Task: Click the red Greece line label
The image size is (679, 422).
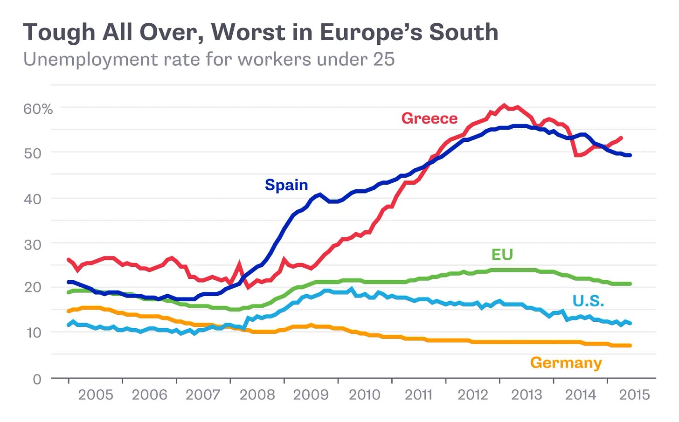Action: tap(429, 118)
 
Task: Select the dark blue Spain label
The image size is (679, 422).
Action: tap(286, 185)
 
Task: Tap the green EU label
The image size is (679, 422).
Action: tap(502, 255)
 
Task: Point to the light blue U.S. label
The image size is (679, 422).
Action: tap(588, 301)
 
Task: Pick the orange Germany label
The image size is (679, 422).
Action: tap(566, 363)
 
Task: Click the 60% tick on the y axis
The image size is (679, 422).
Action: tap(38, 109)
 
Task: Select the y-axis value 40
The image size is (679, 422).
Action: tap(33, 199)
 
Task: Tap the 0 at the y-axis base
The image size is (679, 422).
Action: tap(37, 379)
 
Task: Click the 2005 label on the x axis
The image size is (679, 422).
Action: tap(96, 395)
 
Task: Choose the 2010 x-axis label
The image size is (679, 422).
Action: tap(365, 395)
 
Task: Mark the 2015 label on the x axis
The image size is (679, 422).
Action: tap(634, 395)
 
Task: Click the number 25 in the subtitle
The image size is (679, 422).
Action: tap(383, 60)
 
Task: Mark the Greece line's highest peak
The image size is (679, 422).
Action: tap(504, 106)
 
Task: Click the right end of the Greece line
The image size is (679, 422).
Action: tap(621, 138)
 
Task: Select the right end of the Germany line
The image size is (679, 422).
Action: tap(630, 346)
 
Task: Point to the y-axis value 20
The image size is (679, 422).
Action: tap(33, 287)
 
